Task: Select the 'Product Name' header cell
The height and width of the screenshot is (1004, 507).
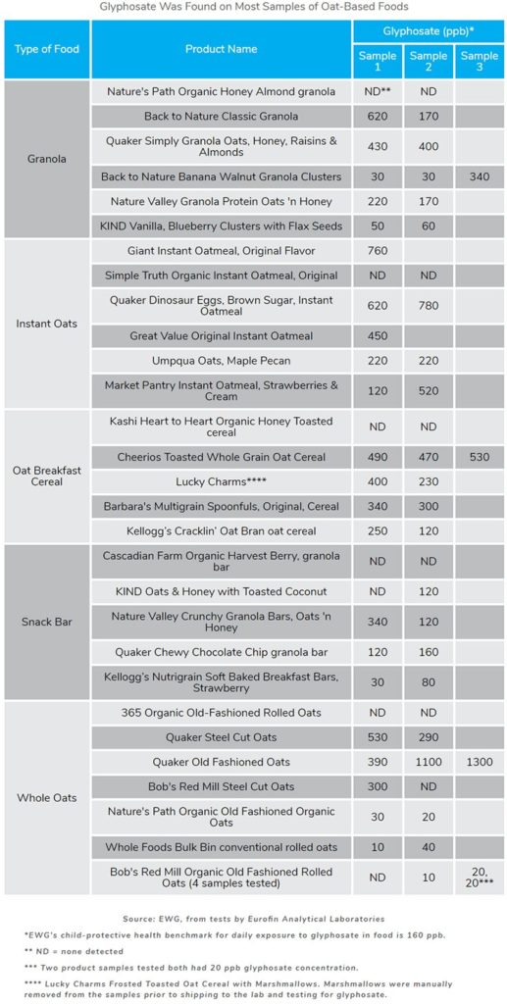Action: pyautogui.click(x=221, y=49)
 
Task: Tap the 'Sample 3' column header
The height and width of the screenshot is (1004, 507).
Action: pyautogui.click(x=479, y=63)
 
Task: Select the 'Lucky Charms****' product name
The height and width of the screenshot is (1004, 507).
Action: pyautogui.click(x=221, y=482)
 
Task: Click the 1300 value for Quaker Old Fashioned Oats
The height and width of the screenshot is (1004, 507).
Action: pyautogui.click(x=479, y=762)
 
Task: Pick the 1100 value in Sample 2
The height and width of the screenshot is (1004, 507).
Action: pyautogui.click(x=428, y=762)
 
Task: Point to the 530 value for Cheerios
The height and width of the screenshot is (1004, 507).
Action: pyautogui.click(x=479, y=458)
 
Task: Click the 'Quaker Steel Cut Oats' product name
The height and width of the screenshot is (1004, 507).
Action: pyautogui.click(x=221, y=737)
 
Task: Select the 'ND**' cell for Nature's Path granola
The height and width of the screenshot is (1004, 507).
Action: pyautogui.click(x=377, y=91)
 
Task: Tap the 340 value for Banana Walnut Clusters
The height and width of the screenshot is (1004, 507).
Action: pyautogui.click(x=479, y=176)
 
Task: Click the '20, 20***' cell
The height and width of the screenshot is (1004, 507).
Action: pyautogui.click(x=479, y=877)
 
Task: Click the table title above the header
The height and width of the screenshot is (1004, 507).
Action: pyautogui.click(x=253, y=6)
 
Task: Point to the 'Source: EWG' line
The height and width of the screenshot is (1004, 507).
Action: pyautogui.click(x=253, y=919)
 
